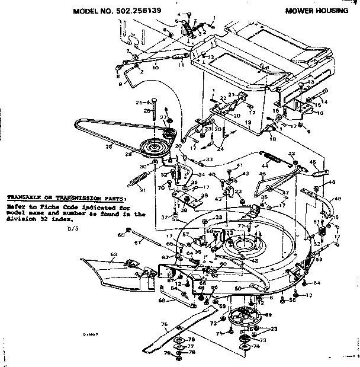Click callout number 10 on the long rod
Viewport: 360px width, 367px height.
155,68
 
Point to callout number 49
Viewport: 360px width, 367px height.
338,200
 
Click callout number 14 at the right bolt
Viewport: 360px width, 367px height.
324,101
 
